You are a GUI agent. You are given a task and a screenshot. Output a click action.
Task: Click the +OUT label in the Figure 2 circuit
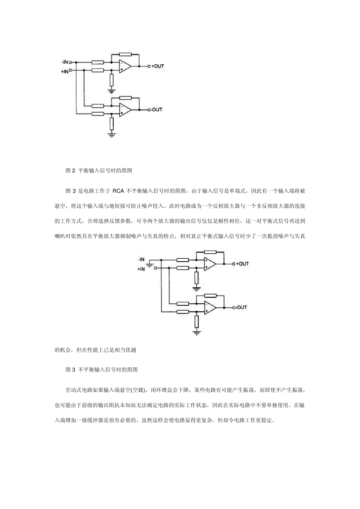click(x=158, y=66)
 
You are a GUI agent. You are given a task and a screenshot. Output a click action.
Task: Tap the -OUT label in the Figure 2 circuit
click(x=157, y=110)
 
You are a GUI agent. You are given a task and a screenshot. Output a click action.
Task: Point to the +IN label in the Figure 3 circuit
click(x=141, y=269)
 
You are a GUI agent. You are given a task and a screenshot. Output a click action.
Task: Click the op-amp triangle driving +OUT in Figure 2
click(x=125, y=66)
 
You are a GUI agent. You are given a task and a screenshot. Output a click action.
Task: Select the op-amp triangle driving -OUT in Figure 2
click(x=125, y=110)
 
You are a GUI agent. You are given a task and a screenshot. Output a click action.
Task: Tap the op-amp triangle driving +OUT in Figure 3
click(x=210, y=264)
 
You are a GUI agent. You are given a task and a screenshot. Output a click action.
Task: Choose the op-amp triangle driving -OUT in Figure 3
click(x=210, y=307)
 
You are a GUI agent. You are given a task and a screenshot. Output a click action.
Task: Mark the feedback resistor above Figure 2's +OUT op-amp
click(x=125, y=55)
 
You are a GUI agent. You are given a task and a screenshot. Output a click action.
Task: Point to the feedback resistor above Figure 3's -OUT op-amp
click(x=210, y=295)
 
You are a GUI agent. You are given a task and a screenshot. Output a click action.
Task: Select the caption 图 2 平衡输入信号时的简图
click(x=99, y=171)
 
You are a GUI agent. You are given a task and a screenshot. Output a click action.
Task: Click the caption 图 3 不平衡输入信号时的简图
click(x=102, y=369)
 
